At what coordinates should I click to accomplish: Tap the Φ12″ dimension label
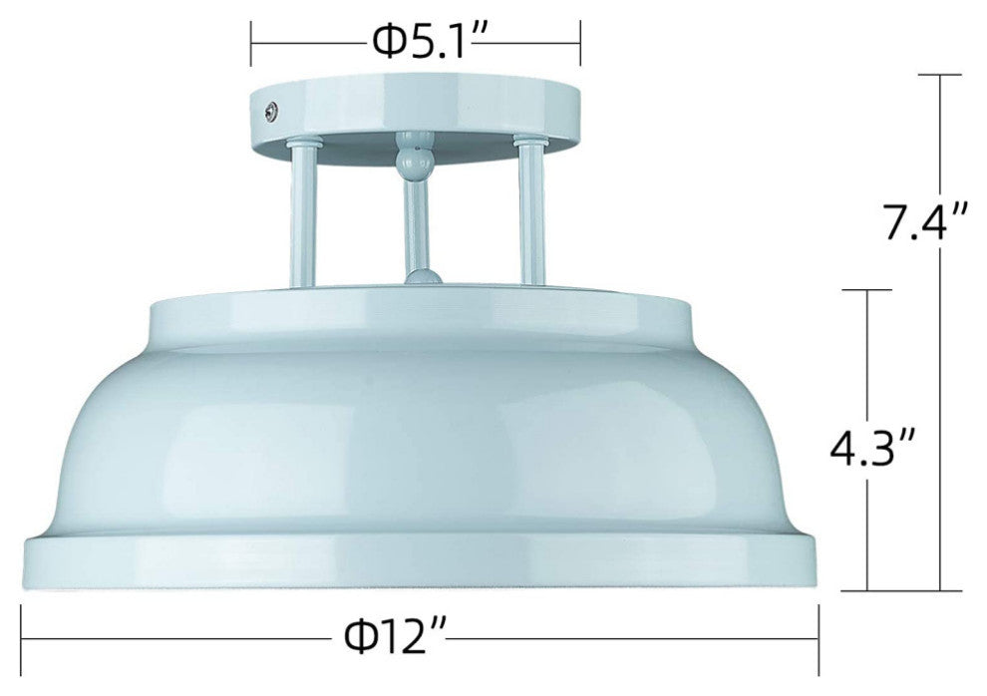coord(396,637)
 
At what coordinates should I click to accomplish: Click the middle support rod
coord(417,223)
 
